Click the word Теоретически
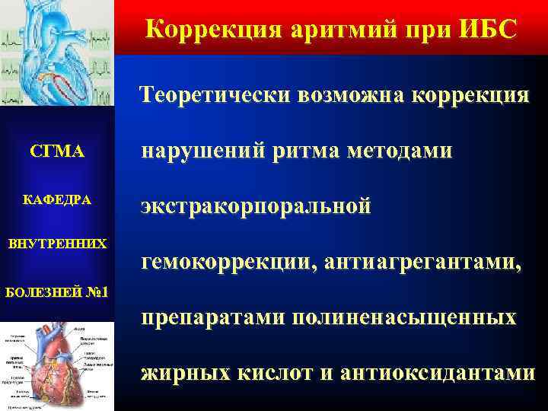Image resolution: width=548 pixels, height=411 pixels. tap(215, 95)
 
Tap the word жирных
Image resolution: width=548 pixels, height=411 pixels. tap(177, 373)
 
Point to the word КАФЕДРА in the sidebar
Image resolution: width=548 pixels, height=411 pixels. tap(57, 199)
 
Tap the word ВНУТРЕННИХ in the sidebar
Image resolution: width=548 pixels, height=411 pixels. tap(57, 245)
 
